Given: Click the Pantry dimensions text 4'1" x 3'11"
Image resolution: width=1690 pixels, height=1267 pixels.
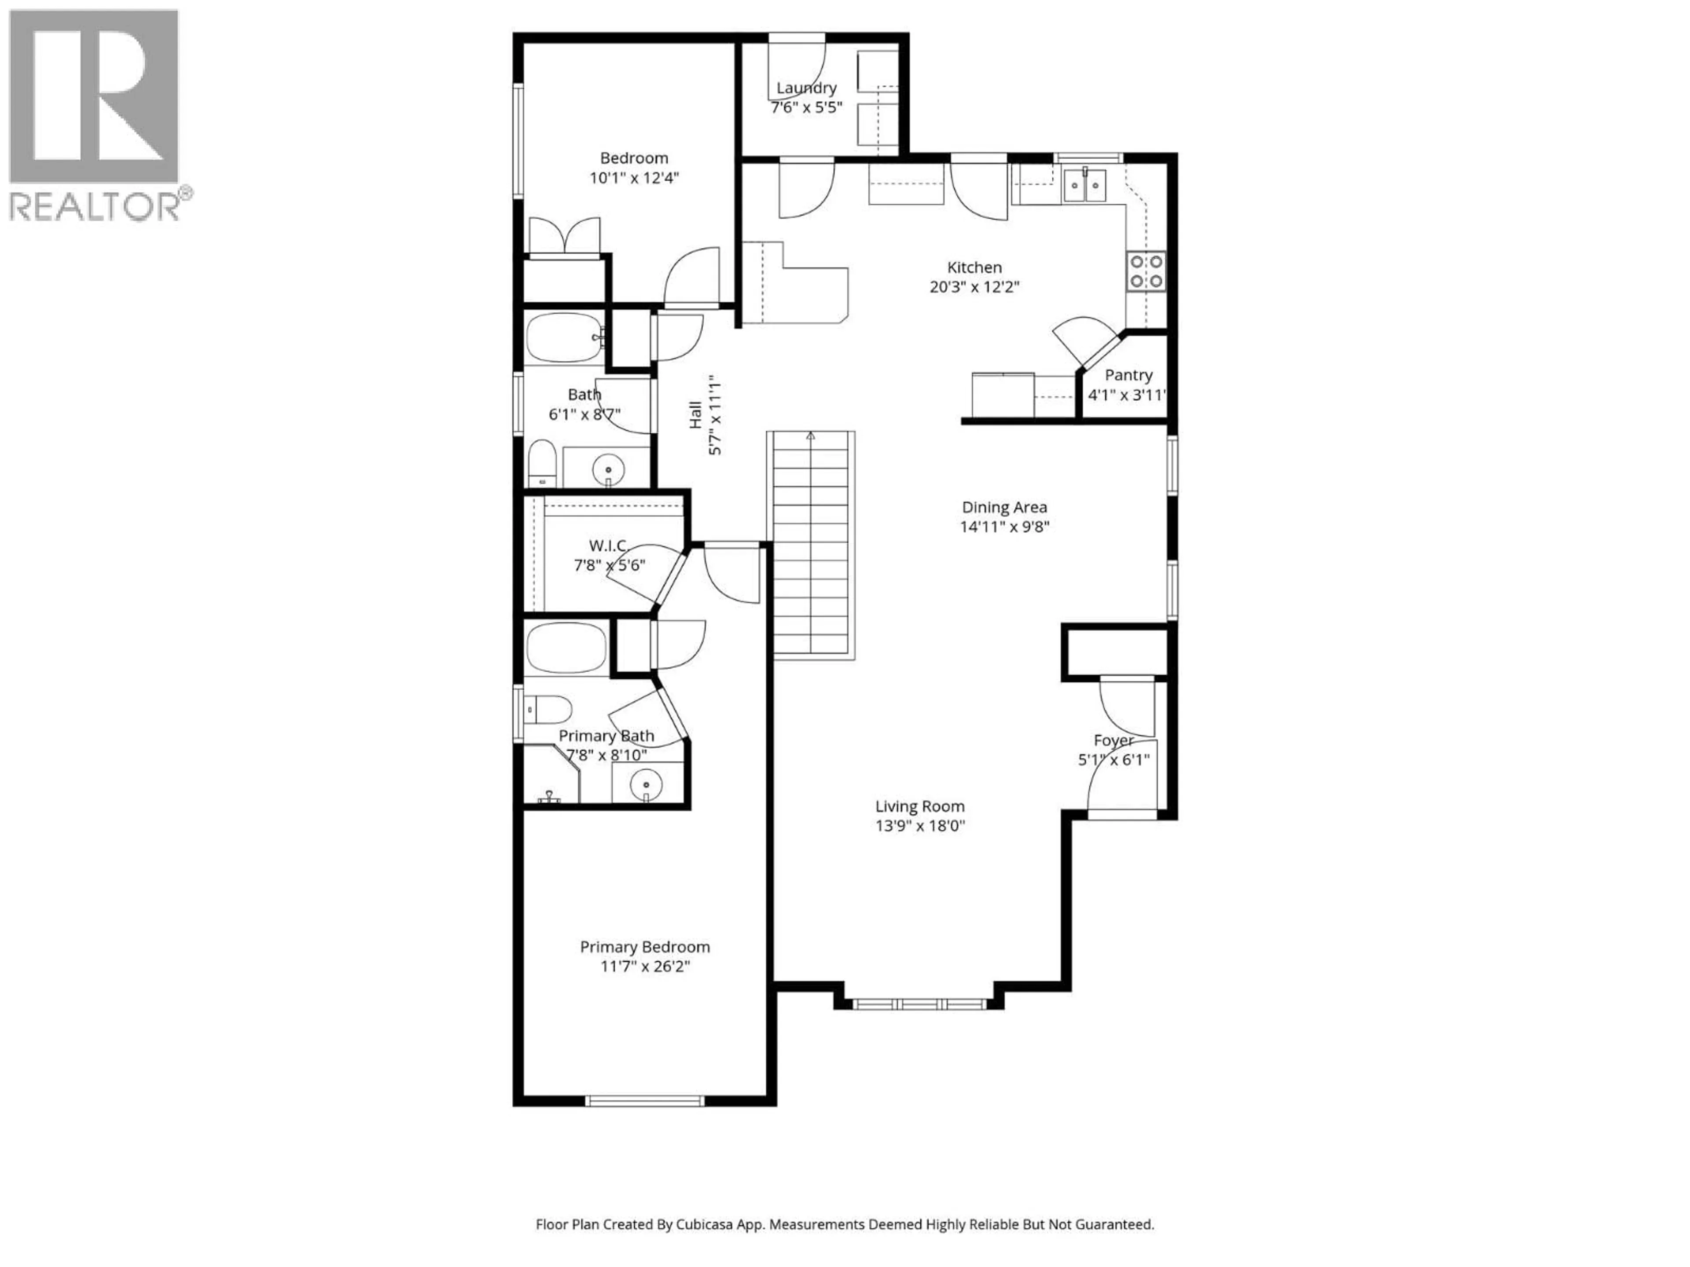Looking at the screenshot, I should tap(1127, 395).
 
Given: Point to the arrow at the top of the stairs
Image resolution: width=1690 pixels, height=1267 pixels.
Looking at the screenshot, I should tap(811, 436).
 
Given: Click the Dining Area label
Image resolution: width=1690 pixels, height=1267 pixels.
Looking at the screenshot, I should tap(1004, 507).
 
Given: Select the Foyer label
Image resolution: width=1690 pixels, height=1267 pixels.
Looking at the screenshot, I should tap(1113, 740).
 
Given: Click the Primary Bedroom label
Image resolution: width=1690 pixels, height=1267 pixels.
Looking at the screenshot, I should tap(645, 947).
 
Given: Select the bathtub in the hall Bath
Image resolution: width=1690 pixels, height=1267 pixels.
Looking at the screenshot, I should tap(564, 337).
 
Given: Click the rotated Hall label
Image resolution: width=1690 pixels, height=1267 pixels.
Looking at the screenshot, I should tap(695, 415).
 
